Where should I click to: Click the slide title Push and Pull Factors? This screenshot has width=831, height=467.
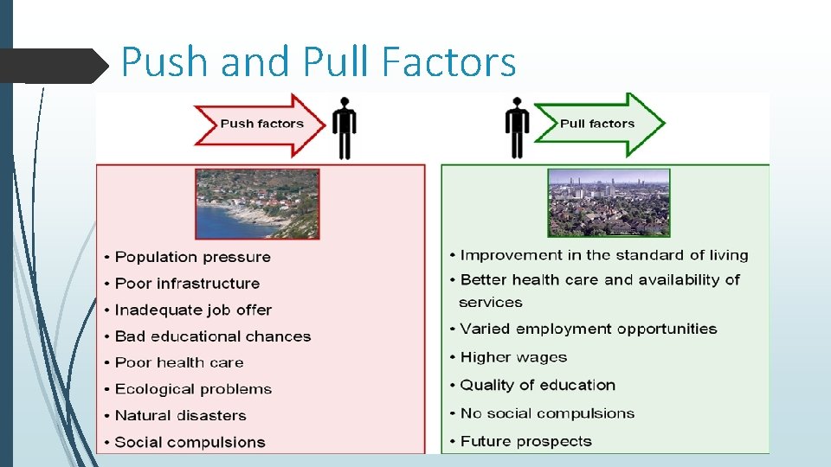coord(319,62)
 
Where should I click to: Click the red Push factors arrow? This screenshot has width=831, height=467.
coord(260,124)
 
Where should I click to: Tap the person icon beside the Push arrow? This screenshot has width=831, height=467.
coord(345,128)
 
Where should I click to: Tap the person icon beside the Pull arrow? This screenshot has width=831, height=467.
coord(518,128)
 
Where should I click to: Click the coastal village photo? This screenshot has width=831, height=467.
coord(257,204)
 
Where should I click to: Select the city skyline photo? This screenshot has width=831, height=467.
coord(609,202)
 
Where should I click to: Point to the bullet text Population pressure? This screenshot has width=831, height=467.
coord(192,257)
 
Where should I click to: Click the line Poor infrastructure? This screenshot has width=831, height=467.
coord(187,284)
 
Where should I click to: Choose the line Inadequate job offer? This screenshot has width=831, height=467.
coord(193,310)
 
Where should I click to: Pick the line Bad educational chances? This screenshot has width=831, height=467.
coord(212,336)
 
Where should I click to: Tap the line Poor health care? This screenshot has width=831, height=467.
coord(179,362)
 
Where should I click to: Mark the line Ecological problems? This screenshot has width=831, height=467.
coord(193,389)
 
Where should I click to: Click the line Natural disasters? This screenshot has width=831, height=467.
coord(180,416)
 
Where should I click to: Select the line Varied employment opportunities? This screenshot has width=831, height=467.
coord(589,329)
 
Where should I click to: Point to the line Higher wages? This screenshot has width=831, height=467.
coord(513,357)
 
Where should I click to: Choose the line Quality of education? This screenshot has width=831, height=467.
coord(538,385)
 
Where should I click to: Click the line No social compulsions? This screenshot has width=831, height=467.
coord(547,413)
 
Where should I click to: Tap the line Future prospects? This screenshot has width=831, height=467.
coord(525,441)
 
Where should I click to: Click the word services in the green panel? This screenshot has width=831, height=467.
coord(491,303)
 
